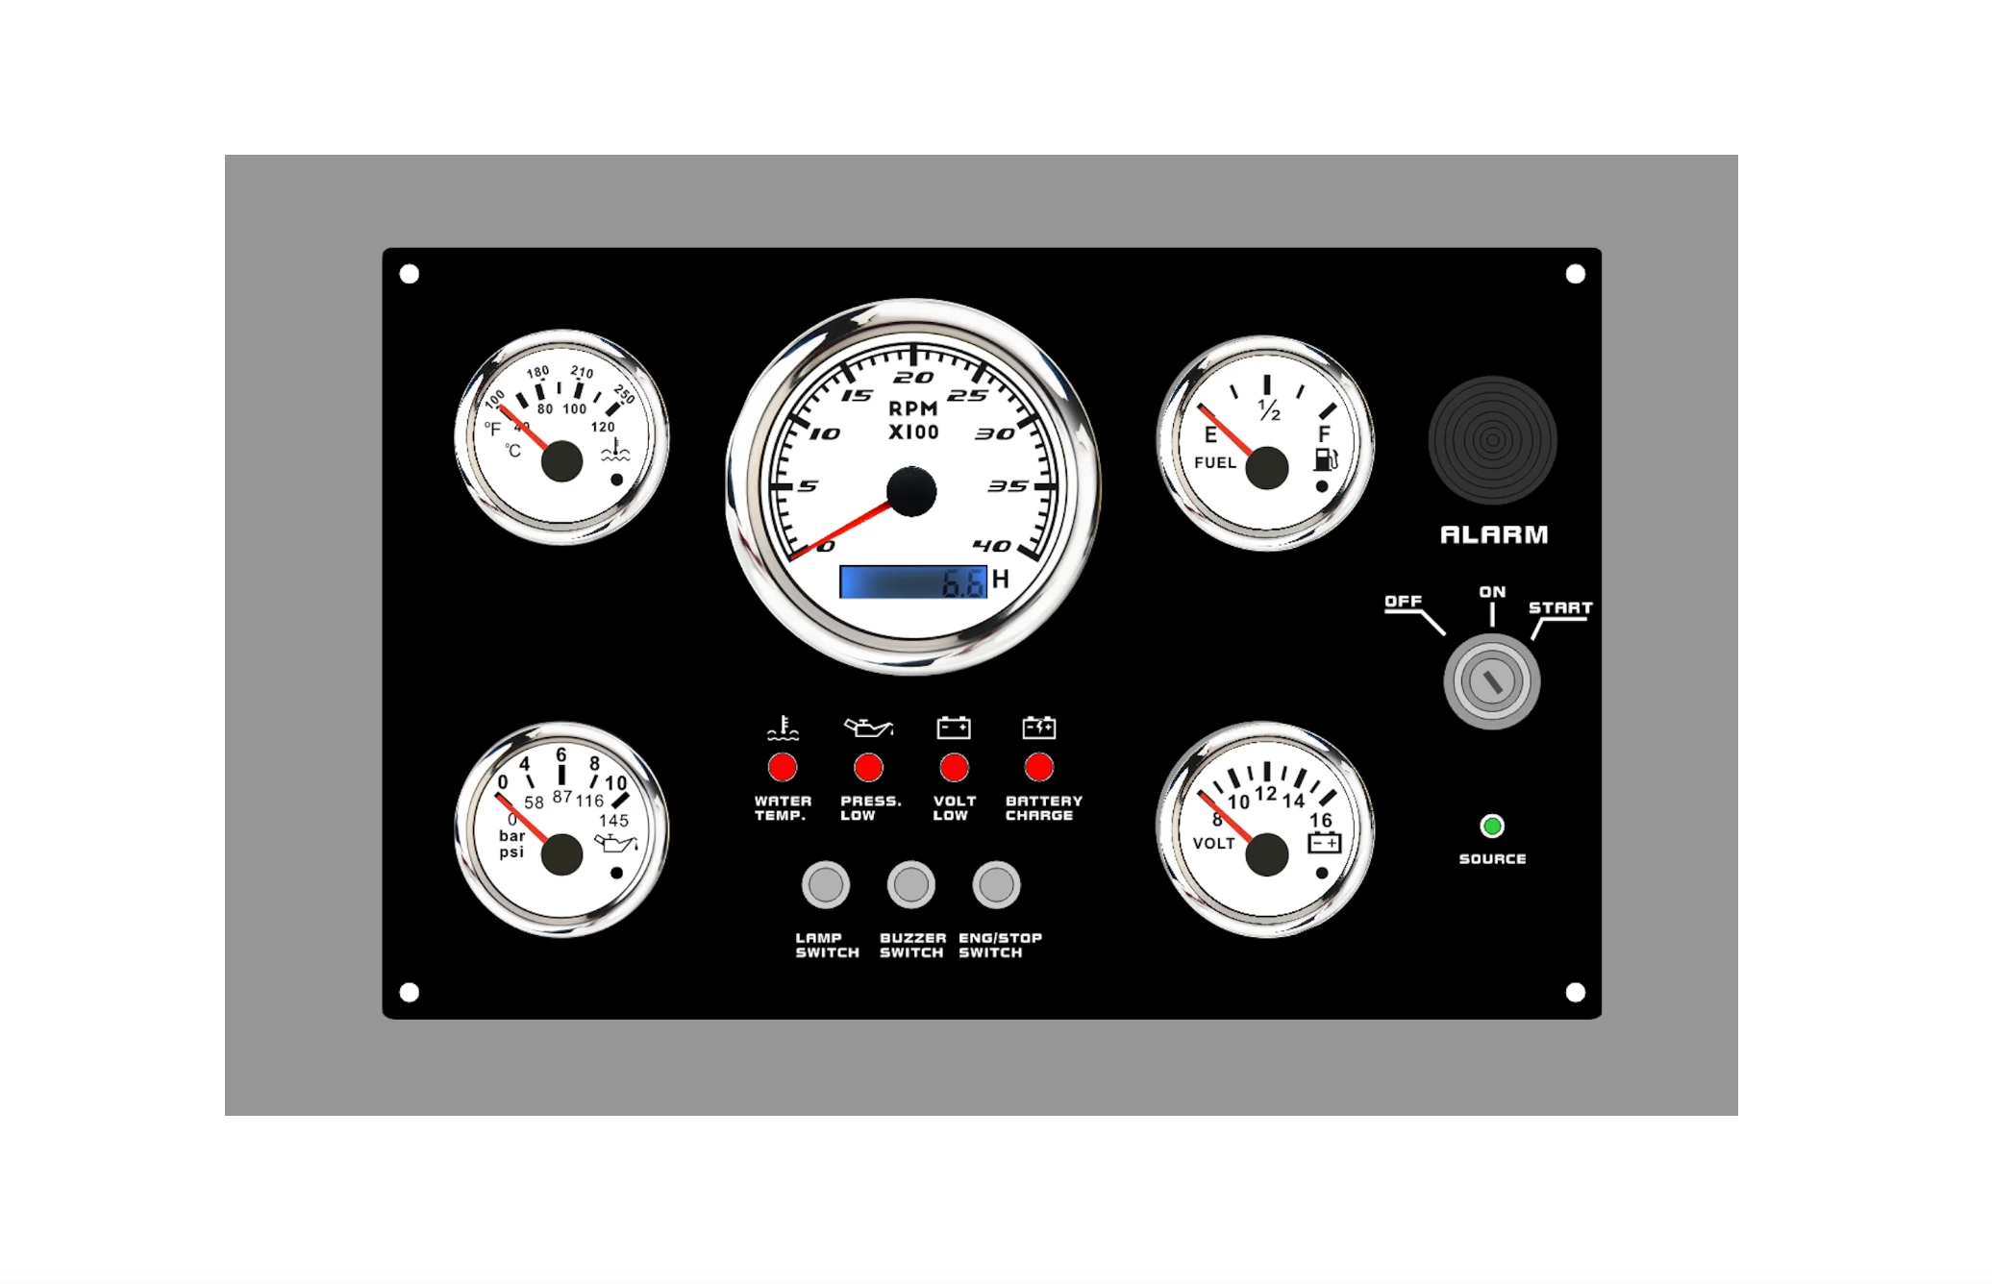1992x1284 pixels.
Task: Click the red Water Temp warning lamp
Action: point(783,767)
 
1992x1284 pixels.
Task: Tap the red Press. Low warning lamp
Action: point(868,767)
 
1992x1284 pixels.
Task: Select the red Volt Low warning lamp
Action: point(954,767)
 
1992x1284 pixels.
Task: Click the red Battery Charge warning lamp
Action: point(1039,767)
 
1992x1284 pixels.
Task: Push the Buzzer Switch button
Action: point(910,884)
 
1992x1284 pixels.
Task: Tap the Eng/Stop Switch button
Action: point(996,884)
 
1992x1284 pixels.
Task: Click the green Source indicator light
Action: point(1492,826)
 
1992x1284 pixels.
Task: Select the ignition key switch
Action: point(1492,681)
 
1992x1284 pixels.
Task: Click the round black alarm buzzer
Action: point(1492,440)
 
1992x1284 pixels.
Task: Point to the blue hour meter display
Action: point(913,581)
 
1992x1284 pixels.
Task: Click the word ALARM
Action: point(1494,534)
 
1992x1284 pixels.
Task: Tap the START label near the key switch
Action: point(1560,607)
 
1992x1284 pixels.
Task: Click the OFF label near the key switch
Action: point(1403,601)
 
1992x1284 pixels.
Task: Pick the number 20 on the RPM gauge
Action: point(913,378)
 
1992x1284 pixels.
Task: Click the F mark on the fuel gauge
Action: point(1324,433)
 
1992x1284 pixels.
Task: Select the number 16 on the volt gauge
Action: point(1320,820)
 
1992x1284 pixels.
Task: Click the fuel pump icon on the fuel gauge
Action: point(1326,459)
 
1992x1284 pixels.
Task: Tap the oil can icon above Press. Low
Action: point(868,728)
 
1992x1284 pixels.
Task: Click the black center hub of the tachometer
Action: point(911,491)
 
